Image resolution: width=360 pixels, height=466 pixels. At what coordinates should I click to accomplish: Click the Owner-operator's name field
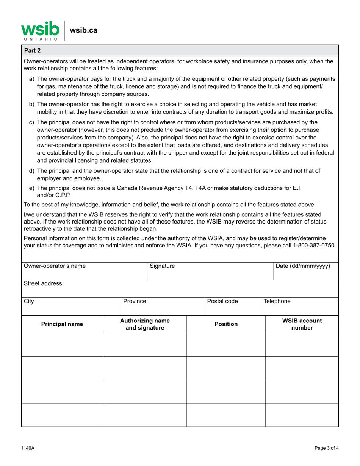click(84, 271)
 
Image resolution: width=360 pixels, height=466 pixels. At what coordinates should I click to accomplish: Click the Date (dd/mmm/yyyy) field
click(305, 271)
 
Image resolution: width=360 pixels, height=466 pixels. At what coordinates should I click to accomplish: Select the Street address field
click(180, 289)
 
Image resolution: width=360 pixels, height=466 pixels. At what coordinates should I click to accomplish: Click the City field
click(71, 306)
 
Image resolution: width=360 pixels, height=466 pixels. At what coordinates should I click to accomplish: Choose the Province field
click(163, 306)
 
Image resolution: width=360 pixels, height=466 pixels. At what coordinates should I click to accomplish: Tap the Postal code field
click(233, 306)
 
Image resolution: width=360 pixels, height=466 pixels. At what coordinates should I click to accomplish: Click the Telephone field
click(299, 306)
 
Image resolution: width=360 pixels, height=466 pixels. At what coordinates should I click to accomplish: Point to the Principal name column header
click(62, 324)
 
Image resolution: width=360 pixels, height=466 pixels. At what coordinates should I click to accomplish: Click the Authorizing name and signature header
click(145, 324)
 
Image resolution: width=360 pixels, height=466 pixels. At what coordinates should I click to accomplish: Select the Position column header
click(226, 324)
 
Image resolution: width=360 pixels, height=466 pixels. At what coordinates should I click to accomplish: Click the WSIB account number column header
click(302, 324)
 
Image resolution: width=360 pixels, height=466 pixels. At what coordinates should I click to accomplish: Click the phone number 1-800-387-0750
click(314, 245)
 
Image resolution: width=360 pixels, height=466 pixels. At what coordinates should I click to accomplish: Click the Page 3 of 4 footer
click(326, 448)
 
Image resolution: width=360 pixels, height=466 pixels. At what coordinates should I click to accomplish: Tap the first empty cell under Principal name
click(62, 345)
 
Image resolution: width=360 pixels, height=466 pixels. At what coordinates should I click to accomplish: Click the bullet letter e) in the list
click(32, 188)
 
